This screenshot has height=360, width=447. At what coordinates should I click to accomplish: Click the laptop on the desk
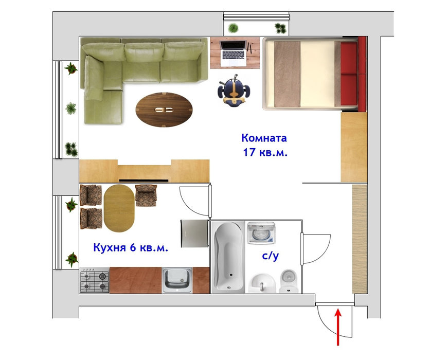pyautogui.click(x=233, y=53)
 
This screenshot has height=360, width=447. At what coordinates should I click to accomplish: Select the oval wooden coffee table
pyautogui.click(x=164, y=110)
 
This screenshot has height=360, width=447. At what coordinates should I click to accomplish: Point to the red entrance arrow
pyautogui.click(x=338, y=328)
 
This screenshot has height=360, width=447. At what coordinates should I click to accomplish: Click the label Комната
pyautogui.click(x=264, y=138)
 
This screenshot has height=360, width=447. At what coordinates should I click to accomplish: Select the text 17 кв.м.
pyautogui.click(x=265, y=153)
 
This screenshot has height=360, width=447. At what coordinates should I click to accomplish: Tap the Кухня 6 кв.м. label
pyautogui.click(x=131, y=247)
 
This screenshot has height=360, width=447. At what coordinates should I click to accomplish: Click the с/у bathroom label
pyautogui.click(x=270, y=256)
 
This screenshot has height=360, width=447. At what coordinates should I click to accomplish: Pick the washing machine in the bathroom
pyautogui.click(x=261, y=233)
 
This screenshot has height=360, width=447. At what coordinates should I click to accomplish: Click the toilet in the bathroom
pyautogui.click(x=289, y=281)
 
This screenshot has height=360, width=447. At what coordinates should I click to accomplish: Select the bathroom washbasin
pyautogui.click(x=262, y=283)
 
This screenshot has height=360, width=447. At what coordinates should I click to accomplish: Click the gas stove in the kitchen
pyautogui.click(x=94, y=280)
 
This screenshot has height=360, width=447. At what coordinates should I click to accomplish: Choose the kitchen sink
pyautogui.click(x=177, y=280)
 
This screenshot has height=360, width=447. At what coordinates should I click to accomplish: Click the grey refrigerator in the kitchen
pyautogui.click(x=194, y=233)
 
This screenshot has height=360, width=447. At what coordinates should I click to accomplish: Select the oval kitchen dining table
pyautogui.click(x=119, y=208)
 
